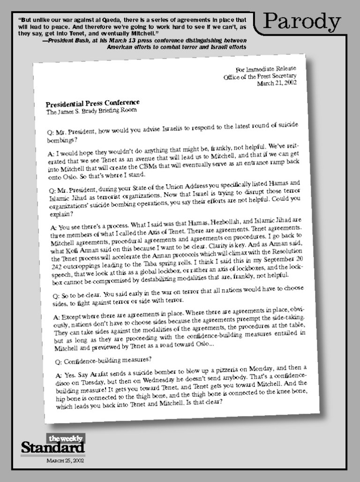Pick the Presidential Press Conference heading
[92, 103]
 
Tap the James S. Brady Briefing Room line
[91, 111]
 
